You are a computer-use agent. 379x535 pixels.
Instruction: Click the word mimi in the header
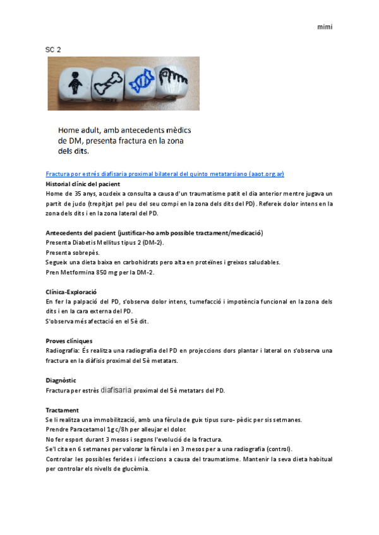325,27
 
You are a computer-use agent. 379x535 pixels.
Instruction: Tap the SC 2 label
53,49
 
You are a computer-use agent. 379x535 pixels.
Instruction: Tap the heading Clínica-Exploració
71,292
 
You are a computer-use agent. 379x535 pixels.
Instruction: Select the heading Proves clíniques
69,341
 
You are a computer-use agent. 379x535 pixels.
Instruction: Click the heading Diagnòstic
61,380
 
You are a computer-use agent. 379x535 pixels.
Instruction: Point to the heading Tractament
63,409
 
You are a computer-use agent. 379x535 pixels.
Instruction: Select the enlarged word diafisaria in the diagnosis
116,390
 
